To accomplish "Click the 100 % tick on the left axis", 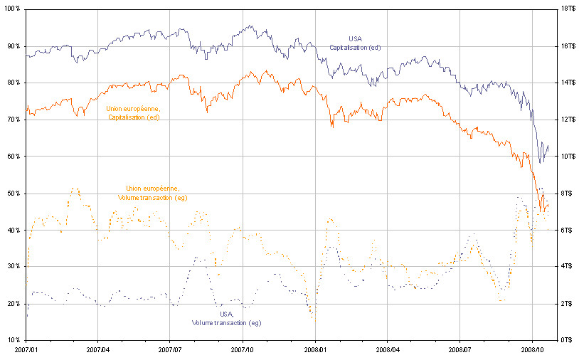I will (x=12, y=9).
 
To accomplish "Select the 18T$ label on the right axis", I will (x=563, y=9).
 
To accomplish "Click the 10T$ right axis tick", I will (x=563, y=156).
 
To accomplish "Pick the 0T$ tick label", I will (x=562, y=340).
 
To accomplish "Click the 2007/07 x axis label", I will (x=170, y=350).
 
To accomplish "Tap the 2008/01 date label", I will (x=315, y=350).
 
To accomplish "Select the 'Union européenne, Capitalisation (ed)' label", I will (x=134, y=112).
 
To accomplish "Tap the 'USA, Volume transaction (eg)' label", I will (x=226, y=318).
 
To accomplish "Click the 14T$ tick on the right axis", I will (x=563, y=83).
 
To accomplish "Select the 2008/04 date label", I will (x=387, y=350).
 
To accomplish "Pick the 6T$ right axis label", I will (x=562, y=230).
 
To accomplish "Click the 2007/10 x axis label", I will (x=243, y=350).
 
